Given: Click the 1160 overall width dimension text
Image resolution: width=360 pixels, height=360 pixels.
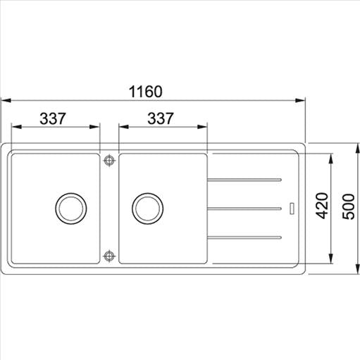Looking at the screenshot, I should pyautogui.click(x=146, y=92).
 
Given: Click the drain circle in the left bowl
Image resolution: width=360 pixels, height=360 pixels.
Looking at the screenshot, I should pyautogui.click(x=70, y=208).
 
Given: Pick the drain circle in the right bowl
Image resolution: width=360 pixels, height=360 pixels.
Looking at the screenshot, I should pyautogui.click(x=147, y=208).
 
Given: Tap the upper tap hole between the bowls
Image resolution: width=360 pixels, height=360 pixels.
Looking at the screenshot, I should pyautogui.click(x=109, y=161).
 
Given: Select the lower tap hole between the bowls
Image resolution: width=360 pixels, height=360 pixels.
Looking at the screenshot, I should pyautogui.click(x=109, y=255).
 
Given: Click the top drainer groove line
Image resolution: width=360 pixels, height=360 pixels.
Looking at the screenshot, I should pyautogui.click(x=247, y=180).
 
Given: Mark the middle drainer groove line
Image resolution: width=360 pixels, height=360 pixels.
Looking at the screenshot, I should pyautogui.click(x=247, y=207).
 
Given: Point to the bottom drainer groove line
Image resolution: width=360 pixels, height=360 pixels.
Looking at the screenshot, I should pyautogui.click(x=247, y=235).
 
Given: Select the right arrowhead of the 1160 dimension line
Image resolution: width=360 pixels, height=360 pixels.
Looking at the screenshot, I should pyautogui.click(x=301, y=100).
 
